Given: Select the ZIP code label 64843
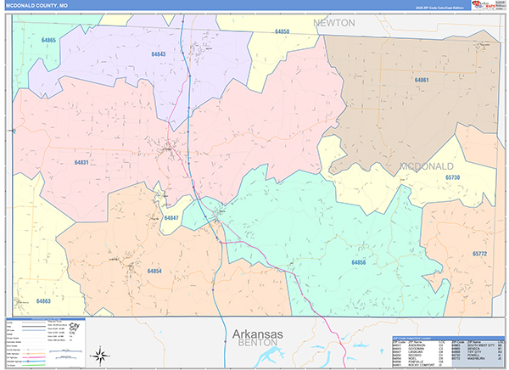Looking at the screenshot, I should [x=157, y=54].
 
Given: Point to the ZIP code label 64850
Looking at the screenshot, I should [x=282, y=31].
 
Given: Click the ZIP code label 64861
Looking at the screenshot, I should [x=422, y=80].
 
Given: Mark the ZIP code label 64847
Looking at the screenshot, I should [x=171, y=218].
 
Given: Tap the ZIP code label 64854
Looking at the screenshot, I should [x=154, y=271].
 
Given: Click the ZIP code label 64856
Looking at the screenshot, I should [x=359, y=263].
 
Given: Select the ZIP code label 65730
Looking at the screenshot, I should [x=454, y=177].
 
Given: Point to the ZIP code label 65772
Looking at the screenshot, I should [x=480, y=255].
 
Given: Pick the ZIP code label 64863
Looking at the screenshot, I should [x=44, y=301].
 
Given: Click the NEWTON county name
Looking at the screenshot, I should [x=334, y=23].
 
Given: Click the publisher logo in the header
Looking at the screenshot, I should [x=486, y=6].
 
